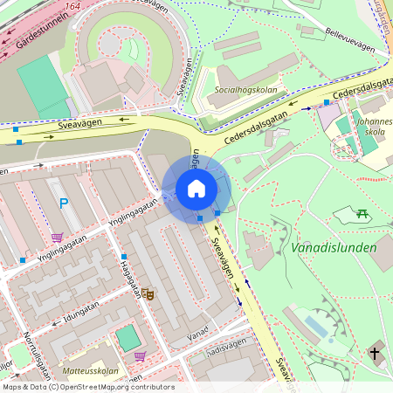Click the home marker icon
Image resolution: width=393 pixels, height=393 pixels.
point(196,189)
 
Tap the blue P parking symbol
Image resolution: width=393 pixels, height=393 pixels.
point(63,203)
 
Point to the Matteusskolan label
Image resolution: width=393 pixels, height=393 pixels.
point(90,371)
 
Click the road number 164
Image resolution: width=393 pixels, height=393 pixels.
point(72,7)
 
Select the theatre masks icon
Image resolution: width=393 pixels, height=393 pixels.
point(148,295)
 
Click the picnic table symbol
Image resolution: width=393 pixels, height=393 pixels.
point(362,213)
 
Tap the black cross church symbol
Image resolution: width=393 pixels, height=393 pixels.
point(375,354)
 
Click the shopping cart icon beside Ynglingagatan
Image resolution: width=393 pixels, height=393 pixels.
point(57,238)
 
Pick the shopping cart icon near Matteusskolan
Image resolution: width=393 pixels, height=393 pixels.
point(140,355)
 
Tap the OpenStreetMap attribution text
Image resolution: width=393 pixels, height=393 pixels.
point(87,387)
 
